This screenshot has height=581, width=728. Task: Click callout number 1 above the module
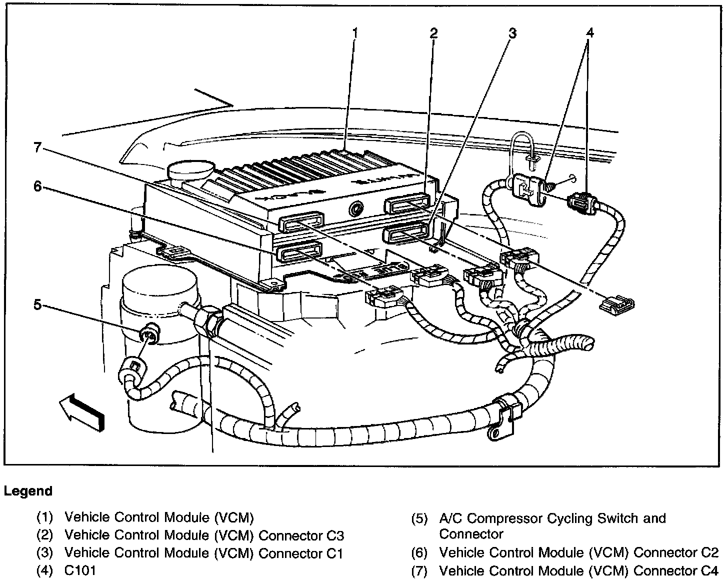click(354, 33)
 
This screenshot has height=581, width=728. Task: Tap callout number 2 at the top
click(433, 33)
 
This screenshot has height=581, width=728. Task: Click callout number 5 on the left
click(38, 305)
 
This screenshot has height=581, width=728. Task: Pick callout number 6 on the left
click(38, 186)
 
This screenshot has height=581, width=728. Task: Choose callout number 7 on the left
click(38, 148)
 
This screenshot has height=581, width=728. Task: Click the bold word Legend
click(28, 491)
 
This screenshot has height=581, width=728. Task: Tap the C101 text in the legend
click(80, 570)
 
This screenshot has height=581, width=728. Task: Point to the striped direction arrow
click(82, 410)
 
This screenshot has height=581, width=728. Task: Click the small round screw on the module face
click(357, 208)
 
